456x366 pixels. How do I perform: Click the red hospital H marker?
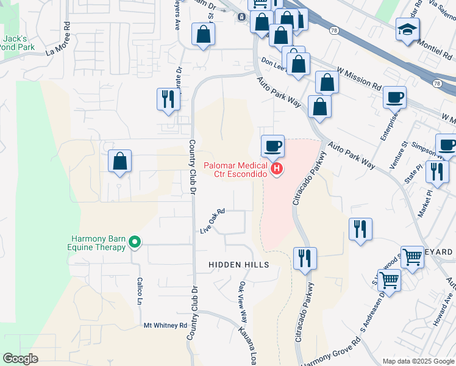[x=277, y=168]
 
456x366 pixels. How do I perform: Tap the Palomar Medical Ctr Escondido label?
[x=236, y=170]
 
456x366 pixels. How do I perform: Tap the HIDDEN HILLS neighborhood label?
[x=238, y=265]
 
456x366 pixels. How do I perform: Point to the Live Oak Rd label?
[x=213, y=221]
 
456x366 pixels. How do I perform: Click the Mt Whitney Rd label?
[x=165, y=326]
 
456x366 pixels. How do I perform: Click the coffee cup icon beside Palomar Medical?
[x=273, y=146]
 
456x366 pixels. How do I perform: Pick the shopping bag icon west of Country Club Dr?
[x=120, y=162]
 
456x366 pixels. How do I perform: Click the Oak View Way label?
[x=243, y=301]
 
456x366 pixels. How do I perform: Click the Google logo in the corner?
[x=21, y=359]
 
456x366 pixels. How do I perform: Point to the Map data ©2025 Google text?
[x=418, y=361]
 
